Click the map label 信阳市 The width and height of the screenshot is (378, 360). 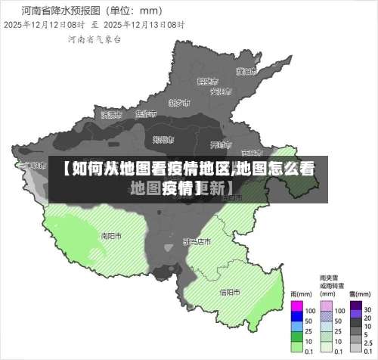click(229, 291)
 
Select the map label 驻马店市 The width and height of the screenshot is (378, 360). click(197, 241)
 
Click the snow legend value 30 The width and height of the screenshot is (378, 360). click(367, 310)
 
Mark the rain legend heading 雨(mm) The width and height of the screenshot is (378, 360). click(300, 293)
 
